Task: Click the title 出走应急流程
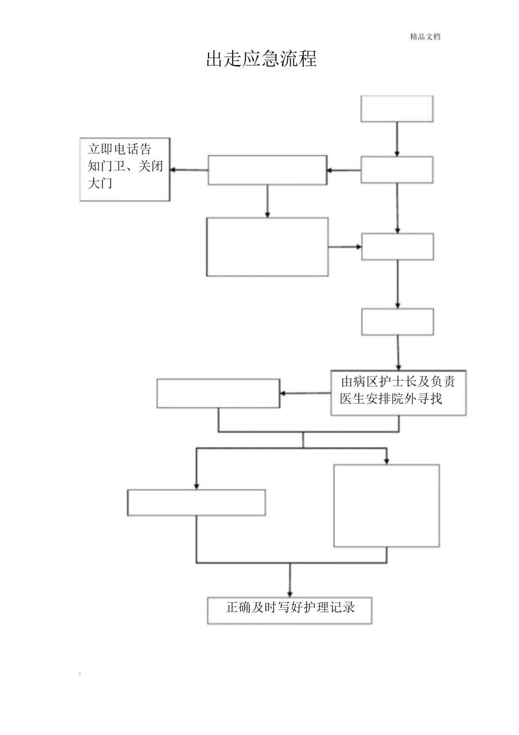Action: tap(261, 59)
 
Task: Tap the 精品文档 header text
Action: tap(425, 37)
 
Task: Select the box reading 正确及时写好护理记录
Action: tap(290, 610)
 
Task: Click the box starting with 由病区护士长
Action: tap(398, 393)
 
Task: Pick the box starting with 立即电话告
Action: tap(124, 169)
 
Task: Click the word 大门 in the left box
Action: tap(100, 183)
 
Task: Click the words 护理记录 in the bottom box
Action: tap(335, 607)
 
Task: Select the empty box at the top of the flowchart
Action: tap(397, 109)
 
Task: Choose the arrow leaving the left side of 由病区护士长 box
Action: tap(305, 393)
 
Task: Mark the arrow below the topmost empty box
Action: tap(397, 139)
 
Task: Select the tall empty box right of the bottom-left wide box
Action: tap(386, 506)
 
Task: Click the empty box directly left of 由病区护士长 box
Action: tap(218, 393)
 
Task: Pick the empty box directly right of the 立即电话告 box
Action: tap(267, 170)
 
